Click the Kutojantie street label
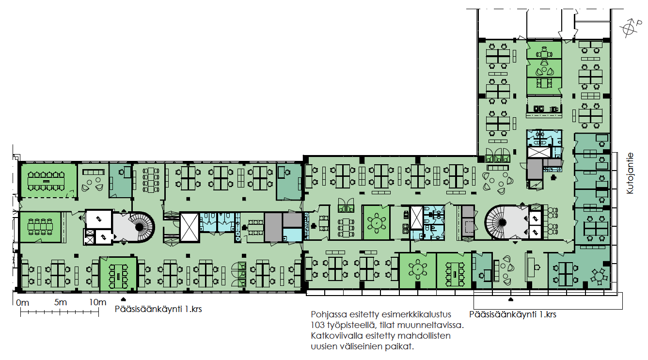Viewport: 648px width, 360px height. pos(630,173)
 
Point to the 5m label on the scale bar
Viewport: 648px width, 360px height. pos(61,302)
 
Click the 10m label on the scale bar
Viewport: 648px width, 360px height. pos(97,302)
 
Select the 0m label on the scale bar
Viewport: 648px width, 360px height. pos(23,303)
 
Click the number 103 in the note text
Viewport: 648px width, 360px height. pos(317,325)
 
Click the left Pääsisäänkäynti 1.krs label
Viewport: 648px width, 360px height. pos(158,309)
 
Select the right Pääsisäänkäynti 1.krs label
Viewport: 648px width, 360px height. pos(513,314)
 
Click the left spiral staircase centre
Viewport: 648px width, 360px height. pos(139,227)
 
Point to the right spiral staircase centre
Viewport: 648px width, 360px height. pos(502,222)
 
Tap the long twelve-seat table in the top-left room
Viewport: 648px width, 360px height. pos(47,181)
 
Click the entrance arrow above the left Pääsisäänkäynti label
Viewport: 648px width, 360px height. pos(123,299)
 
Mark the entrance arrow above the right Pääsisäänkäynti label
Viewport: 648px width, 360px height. pos(510,299)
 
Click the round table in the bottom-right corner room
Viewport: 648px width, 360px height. pos(599,276)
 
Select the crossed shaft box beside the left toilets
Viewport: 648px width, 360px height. pos(190,227)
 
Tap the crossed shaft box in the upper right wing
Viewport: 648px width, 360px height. pos(539,153)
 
